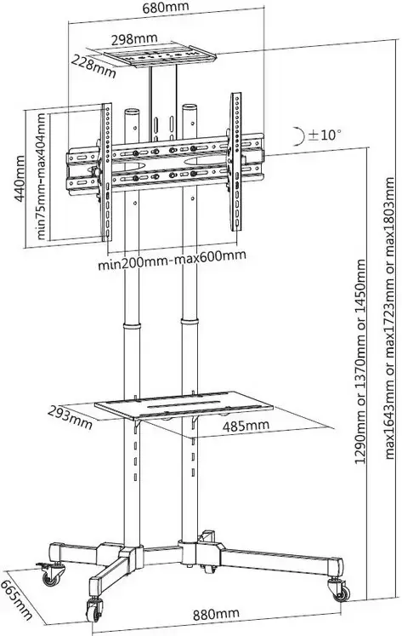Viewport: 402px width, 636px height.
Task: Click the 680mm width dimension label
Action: [166, 7]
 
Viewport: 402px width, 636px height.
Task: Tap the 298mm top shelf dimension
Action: [134, 39]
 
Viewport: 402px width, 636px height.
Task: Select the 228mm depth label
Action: [94, 66]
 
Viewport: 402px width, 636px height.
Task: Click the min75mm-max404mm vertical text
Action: [41, 176]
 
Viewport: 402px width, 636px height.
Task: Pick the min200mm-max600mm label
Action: [172, 260]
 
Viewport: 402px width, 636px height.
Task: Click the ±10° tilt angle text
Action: [325, 135]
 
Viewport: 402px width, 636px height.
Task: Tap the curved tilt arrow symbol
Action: [298, 135]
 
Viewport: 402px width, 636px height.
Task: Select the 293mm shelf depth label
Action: [70, 417]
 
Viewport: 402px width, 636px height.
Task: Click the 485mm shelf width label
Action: [246, 426]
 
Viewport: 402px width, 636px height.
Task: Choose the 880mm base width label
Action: [216, 614]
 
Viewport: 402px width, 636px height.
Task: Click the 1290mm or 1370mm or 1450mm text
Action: [360, 362]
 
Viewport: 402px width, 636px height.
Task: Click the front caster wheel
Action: [94, 609]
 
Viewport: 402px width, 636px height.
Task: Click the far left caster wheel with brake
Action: [51, 574]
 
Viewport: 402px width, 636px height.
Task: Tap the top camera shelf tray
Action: [155, 56]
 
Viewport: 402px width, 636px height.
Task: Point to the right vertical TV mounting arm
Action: [236, 162]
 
